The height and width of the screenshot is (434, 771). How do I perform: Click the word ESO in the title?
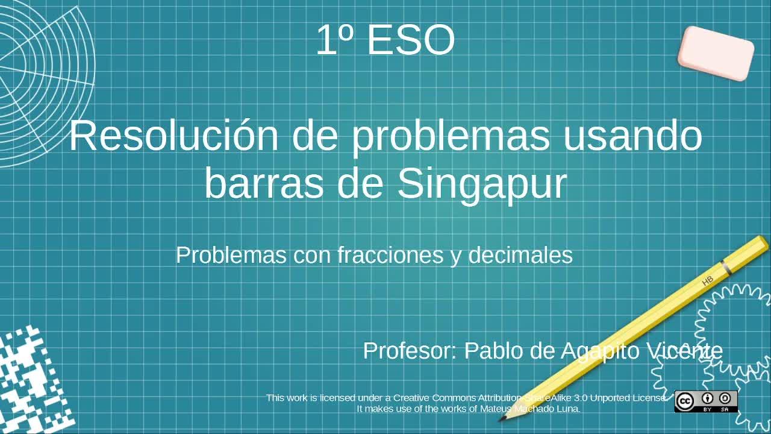(x=411, y=40)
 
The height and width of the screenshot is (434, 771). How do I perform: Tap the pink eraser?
(x=716, y=54)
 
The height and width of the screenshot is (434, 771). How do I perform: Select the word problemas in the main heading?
(x=451, y=137)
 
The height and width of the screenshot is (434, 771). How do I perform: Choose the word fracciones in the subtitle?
(x=390, y=255)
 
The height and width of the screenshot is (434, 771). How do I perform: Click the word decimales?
(x=520, y=255)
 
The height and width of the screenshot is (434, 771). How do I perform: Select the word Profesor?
(x=410, y=351)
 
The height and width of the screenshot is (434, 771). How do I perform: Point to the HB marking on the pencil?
(x=708, y=281)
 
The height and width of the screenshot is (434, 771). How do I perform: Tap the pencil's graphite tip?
(x=502, y=418)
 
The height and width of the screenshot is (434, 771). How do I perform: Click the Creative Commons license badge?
(x=706, y=401)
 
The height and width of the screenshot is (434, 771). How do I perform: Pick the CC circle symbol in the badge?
(x=685, y=401)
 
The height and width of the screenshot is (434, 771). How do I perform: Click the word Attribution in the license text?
(x=500, y=398)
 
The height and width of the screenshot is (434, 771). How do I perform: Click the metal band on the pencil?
(x=726, y=268)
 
